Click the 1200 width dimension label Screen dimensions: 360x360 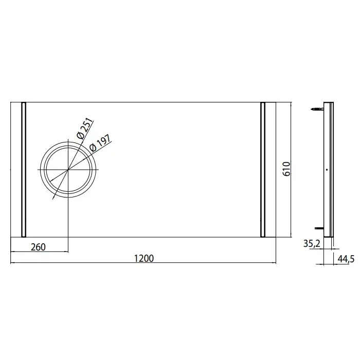[143, 258]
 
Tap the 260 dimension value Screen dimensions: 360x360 [39, 247]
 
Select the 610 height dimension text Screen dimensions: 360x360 [287, 169]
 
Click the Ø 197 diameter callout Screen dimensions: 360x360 [100, 143]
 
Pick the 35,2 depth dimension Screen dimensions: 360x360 [312, 244]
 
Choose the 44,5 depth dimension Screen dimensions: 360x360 [346, 259]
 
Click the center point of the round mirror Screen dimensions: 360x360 [68, 170]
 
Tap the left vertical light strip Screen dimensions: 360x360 [24, 170]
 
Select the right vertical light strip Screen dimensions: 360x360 [263, 170]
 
